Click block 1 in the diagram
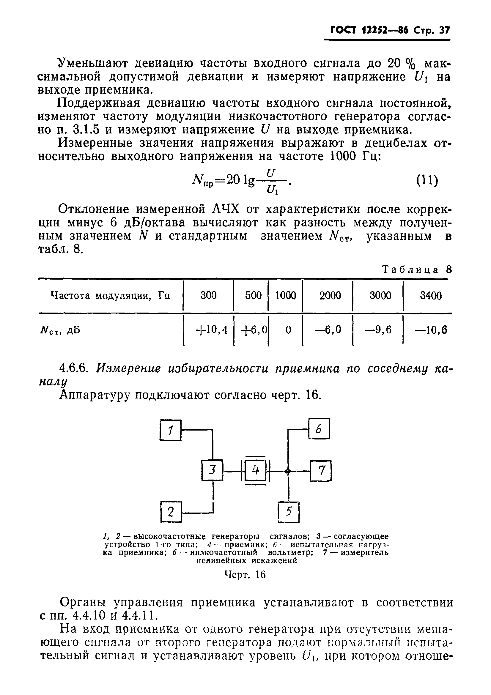tap(170, 430)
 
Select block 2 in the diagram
tap(171, 512)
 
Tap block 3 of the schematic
tap(212, 470)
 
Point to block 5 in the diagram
tap(289, 512)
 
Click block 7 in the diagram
tap(321, 470)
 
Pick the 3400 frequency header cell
tap(430, 295)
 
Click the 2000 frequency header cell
tap(330, 295)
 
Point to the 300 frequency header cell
tap(209, 295)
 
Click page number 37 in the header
tap(444, 31)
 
